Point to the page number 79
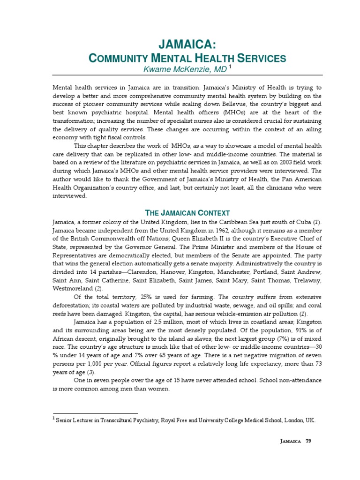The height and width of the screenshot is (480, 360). click(x=308, y=441)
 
